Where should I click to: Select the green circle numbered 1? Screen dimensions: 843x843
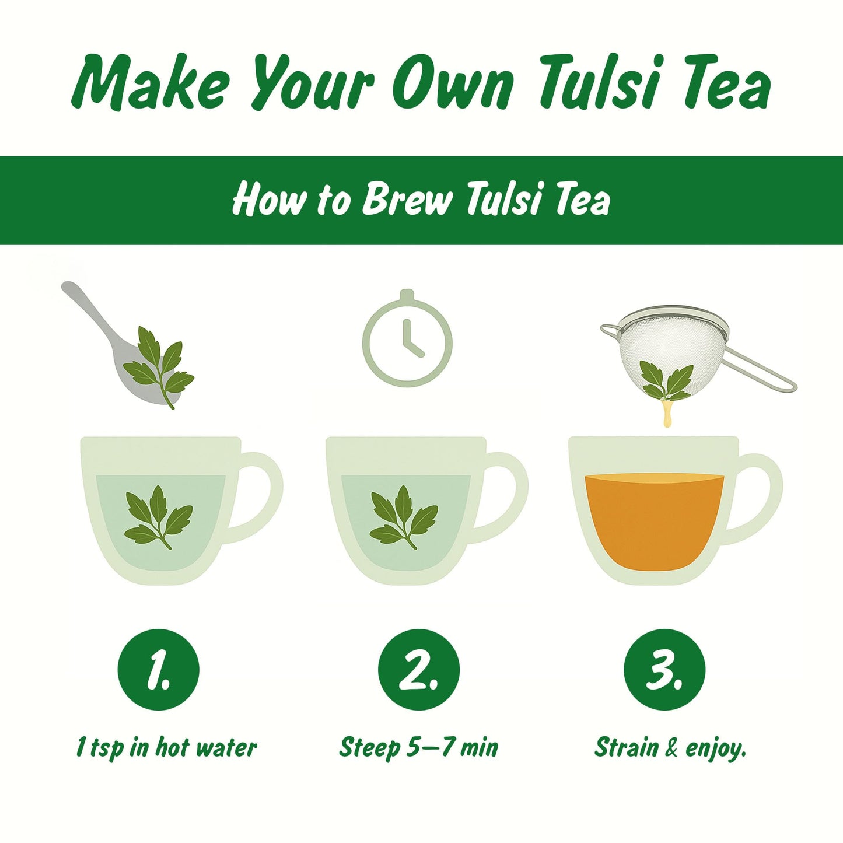[158, 670]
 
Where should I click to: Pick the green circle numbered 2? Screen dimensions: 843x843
[419, 670]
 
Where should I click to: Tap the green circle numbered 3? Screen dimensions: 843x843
[664, 670]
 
